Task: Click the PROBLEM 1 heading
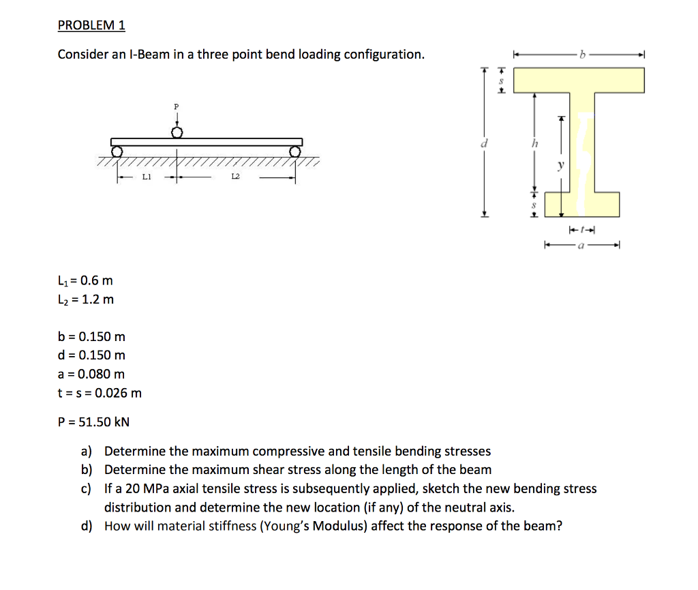pos(91,25)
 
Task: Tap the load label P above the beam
pos(177,107)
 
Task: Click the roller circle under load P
pos(177,132)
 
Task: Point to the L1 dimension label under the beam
pos(146,177)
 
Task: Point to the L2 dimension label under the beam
pos(235,177)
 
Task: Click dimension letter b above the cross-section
pos(581,54)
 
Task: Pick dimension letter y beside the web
pos(562,164)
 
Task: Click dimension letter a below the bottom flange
pos(581,244)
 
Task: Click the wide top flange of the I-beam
pos(579,80)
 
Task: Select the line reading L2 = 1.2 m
pos(86,299)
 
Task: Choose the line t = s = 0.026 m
pos(100,393)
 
